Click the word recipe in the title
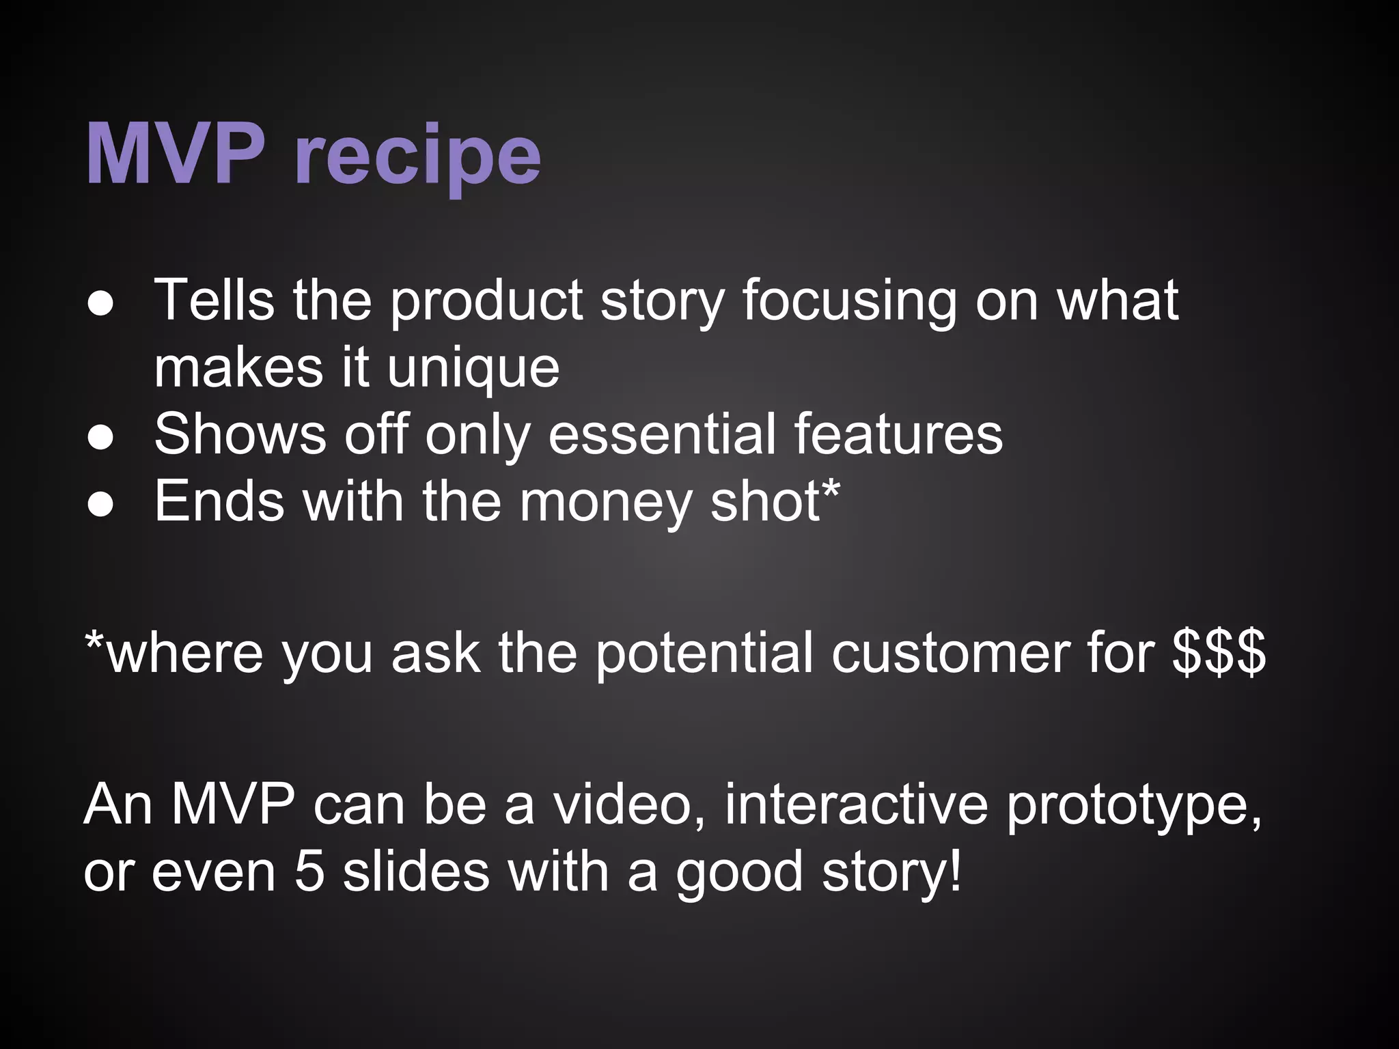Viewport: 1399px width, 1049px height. (418, 158)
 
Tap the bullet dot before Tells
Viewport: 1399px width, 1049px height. (100, 306)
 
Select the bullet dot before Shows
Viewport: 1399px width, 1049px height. (100, 440)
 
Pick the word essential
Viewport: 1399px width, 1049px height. (661, 434)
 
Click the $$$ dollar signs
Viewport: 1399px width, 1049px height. (1219, 652)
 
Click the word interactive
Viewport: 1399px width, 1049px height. (856, 805)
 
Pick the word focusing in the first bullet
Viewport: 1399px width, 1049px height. (849, 303)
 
